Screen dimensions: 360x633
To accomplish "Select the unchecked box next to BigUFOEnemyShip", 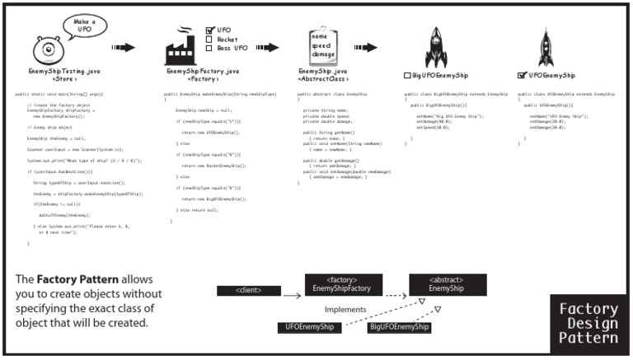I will pyautogui.click(x=408, y=76).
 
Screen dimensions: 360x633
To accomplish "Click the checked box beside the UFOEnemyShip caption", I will pyautogui.click(x=521, y=76).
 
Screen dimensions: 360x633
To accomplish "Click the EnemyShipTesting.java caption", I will pyautogui.click(x=59, y=72).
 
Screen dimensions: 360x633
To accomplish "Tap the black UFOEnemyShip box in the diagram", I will pyautogui.click(x=310, y=328).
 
